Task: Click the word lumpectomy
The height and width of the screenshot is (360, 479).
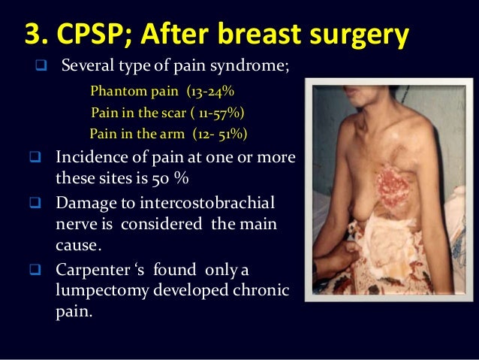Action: (x=101, y=290)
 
